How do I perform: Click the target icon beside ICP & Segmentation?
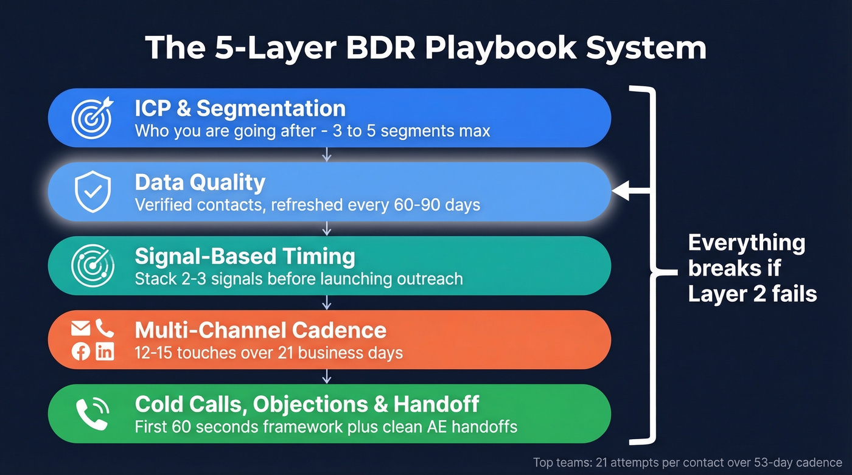coord(92,117)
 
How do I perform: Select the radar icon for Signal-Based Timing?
coord(92,265)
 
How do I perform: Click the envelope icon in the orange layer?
coord(81,329)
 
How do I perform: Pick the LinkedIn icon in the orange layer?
coord(105,352)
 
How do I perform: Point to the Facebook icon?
coord(81,352)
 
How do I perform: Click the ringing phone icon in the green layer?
coord(92,413)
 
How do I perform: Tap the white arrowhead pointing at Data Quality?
coord(621,192)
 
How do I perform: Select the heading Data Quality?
coord(200,182)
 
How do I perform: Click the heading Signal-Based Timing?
coord(245,256)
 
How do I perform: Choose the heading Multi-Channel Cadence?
coord(260,330)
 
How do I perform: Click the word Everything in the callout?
coord(747,243)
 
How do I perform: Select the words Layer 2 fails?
coord(752,294)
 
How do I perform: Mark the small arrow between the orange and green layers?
coord(327,376)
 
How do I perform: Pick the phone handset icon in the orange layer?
coord(105,329)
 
